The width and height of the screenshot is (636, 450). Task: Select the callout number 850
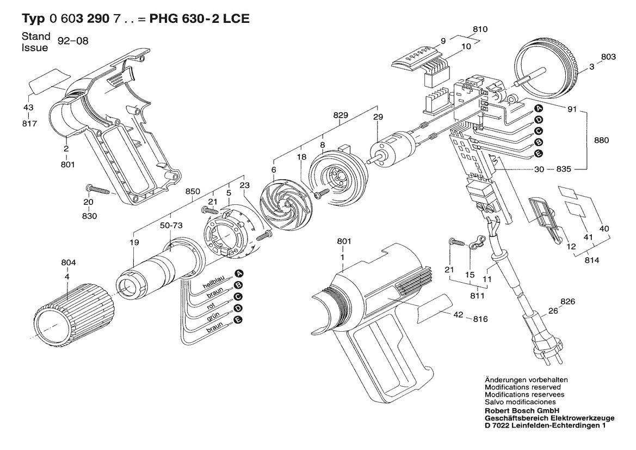[x=193, y=192]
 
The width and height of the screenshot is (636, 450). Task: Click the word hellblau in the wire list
[x=214, y=285]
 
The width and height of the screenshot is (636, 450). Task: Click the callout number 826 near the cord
[x=567, y=301]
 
